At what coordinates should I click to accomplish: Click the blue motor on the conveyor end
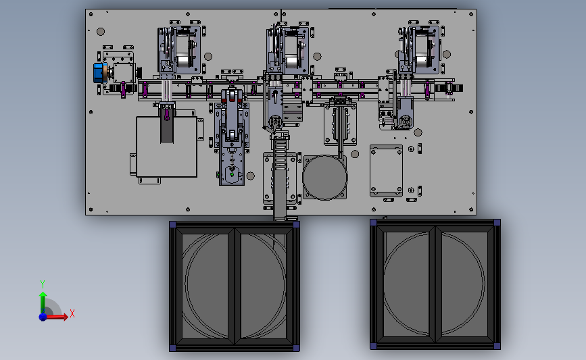tap(99, 73)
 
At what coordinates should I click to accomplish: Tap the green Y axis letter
tap(43, 284)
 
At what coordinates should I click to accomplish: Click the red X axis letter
tap(72, 313)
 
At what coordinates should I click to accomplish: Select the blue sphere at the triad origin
tap(43, 317)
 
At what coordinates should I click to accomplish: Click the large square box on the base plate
tap(166, 147)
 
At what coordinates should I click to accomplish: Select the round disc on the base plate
tap(324, 178)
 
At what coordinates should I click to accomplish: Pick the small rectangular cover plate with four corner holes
tap(386, 170)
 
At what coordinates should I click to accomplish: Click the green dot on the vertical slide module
tap(232, 174)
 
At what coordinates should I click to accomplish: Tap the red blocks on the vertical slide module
tap(232, 100)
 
